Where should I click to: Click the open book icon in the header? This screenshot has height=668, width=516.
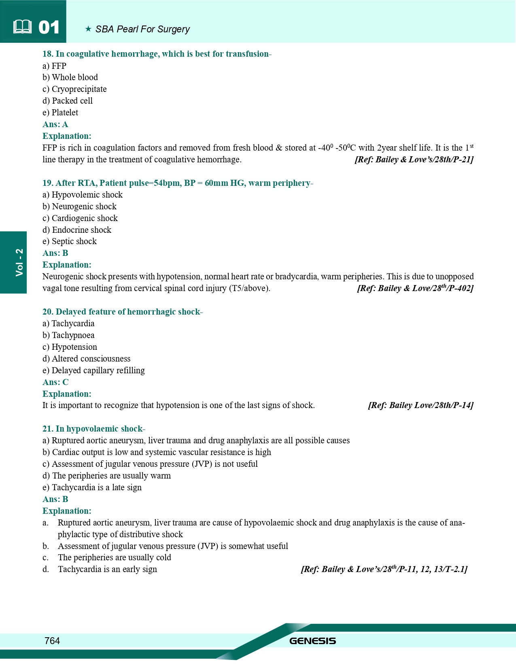pos(22,27)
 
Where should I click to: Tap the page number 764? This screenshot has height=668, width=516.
pos(52,640)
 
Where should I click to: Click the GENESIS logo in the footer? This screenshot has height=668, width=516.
pos(312,641)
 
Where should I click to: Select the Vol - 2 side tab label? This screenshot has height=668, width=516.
pos(19,262)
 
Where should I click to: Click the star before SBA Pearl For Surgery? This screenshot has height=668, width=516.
pos(88,29)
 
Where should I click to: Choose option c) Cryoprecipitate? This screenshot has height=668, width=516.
pos(74,89)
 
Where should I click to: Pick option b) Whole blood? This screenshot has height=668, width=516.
pos(70,77)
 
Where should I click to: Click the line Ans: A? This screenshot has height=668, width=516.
pos(55,124)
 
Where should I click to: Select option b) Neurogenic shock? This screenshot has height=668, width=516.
pos(79,206)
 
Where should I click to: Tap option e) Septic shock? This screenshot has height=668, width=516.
pos(70,241)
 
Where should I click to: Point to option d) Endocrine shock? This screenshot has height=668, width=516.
pos(77,230)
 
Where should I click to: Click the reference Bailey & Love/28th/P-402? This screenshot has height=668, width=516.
pos(415,288)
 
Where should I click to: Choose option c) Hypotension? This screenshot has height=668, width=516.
pos(70,347)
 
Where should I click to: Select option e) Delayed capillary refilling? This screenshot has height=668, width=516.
pos(93,370)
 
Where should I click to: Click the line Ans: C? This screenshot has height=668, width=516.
pos(55,382)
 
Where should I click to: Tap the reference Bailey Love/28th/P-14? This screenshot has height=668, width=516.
pos(420,405)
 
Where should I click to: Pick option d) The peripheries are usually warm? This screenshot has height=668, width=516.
pos(106,476)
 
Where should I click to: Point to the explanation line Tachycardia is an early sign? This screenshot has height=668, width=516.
pos(107,569)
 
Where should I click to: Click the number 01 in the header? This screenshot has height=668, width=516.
pos(49,28)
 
